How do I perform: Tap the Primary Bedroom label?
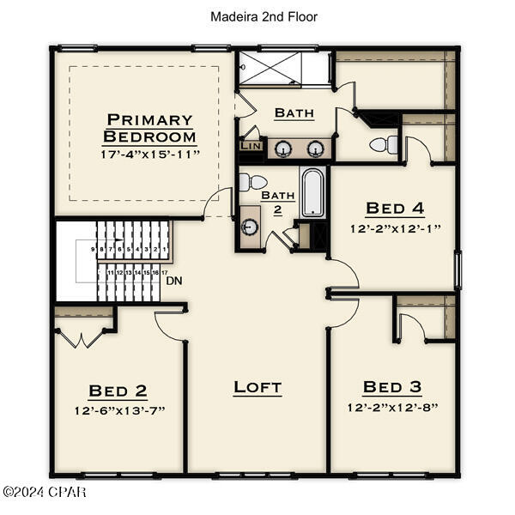[149, 128]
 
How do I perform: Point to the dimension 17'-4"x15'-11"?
[149, 154]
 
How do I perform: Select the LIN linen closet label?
[250, 146]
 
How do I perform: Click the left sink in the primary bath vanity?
[282, 148]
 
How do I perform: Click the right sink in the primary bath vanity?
[316, 148]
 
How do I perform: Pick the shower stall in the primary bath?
[284, 68]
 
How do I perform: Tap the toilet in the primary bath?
[386, 144]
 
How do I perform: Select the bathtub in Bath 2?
[312, 191]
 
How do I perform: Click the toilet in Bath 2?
[253, 182]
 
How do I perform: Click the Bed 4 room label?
[395, 208]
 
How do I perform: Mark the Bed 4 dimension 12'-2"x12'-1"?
[395, 228]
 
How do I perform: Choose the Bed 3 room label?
[392, 387]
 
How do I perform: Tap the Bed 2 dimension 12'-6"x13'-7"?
[118, 409]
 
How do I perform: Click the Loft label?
[257, 387]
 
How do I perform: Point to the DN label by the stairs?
[174, 280]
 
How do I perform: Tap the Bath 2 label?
[278, 202]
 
